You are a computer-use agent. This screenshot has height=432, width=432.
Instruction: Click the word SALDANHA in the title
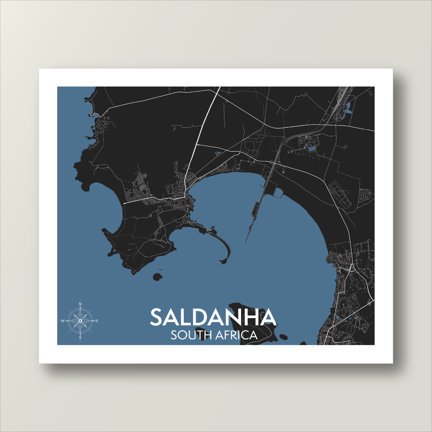[213, 317]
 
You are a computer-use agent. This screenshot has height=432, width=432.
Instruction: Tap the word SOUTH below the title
[189, 335]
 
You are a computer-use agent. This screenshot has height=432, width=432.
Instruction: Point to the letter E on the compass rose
[97, 321]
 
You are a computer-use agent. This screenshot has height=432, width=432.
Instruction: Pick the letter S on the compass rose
[80, 337]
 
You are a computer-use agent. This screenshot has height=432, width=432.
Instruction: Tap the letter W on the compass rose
[63, 321]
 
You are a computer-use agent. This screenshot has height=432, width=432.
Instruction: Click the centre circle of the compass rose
[80, 321]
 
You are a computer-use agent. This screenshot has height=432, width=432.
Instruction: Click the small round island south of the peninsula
[157, 277]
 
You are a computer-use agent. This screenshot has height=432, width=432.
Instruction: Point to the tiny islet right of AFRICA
[283, 337]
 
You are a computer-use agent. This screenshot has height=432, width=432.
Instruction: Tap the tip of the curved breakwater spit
[223, 262]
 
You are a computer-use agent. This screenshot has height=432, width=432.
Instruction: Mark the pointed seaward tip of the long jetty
[246, 242]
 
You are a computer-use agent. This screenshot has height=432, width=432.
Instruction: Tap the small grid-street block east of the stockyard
[364, 194]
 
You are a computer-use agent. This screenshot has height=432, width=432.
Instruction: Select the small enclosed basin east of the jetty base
[278, 192]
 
